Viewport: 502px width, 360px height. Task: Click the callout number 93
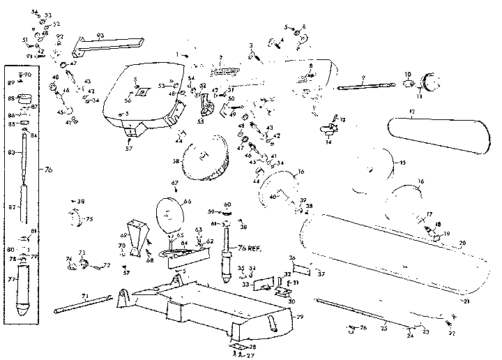[x=100, y=35]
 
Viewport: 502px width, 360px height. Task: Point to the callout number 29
[x=301, y=317]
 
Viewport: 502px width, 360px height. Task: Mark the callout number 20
[x=462, y=243]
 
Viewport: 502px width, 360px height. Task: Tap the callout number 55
[x=200, y=121]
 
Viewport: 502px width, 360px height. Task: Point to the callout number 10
[x=409, y=73]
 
